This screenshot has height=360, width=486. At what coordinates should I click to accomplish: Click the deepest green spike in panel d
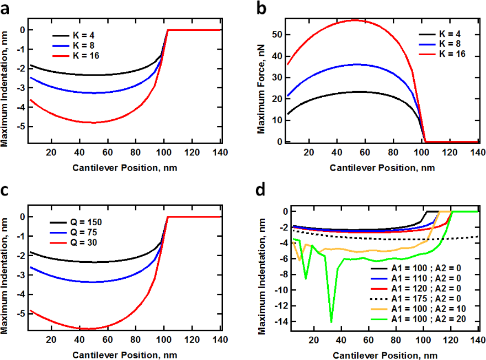(x=332, y=322)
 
